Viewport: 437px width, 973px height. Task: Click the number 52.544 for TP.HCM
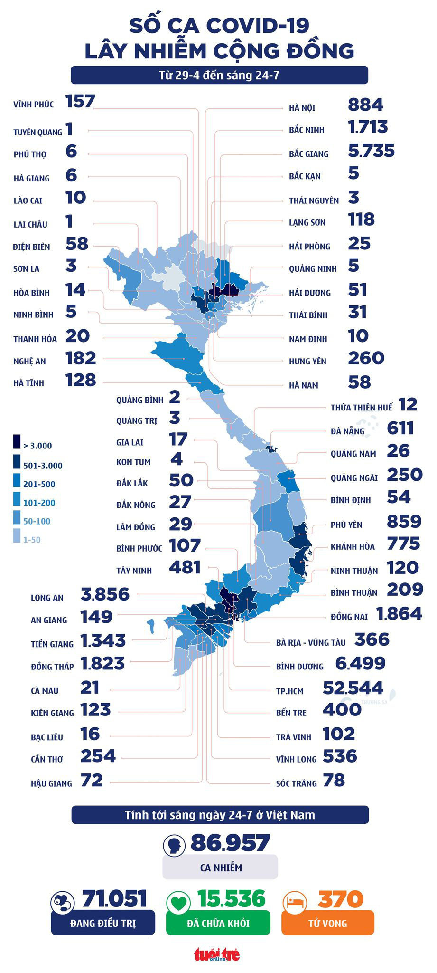tap(353, 687)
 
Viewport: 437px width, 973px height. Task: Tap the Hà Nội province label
tap(302, 108)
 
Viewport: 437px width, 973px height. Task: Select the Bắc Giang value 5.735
tap(371, 151)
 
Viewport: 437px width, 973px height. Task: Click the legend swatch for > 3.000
tap(17, 442)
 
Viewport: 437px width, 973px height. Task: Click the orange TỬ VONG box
tap(327, 923)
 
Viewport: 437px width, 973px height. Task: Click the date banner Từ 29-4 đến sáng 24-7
tap(219, 75)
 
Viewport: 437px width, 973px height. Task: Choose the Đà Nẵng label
tap(347, 431)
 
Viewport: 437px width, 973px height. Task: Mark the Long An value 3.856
tap(105, 594)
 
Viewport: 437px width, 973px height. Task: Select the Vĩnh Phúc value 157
tap(80, 101)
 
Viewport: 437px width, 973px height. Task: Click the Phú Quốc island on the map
tap(151, 626)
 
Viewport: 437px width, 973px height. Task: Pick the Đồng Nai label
tap(349, 617)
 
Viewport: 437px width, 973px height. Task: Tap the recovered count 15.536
tap(231, 899)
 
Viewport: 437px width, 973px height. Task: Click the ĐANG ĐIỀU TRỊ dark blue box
tap(102, 923)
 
